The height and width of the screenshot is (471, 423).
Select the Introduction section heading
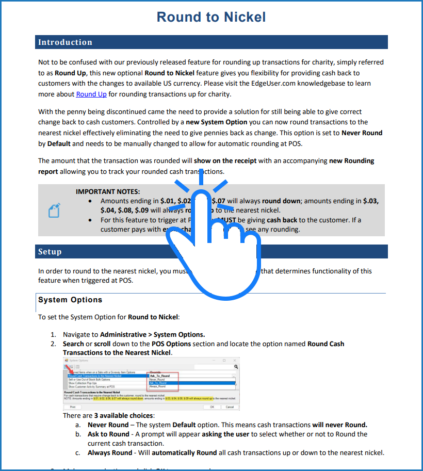(x=65, y=42)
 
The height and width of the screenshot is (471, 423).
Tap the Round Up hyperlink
(x=91, y=94)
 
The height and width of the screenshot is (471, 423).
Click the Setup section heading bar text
(x=50, y=252)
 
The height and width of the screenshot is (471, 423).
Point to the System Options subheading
(x=70, y=300)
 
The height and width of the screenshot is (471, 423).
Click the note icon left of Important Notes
(x=55, y=210)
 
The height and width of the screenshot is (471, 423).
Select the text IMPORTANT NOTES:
(x=108, y=191)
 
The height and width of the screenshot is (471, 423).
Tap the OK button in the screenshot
(x=211, y=407)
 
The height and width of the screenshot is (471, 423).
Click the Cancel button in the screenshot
(x=229, y=407)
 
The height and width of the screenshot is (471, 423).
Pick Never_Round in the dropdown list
(x=157, y=379)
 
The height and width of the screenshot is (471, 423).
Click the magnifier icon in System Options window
(x=236, y=367)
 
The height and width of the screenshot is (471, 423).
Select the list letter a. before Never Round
(x=77, y=425)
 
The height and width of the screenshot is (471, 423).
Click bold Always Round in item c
(x=109, y=452)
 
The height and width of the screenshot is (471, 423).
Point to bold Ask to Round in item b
(x=108, y=434)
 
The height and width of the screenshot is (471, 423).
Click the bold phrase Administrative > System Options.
(x=152, y=334)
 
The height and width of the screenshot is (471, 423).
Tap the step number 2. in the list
(x=53, y=344)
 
